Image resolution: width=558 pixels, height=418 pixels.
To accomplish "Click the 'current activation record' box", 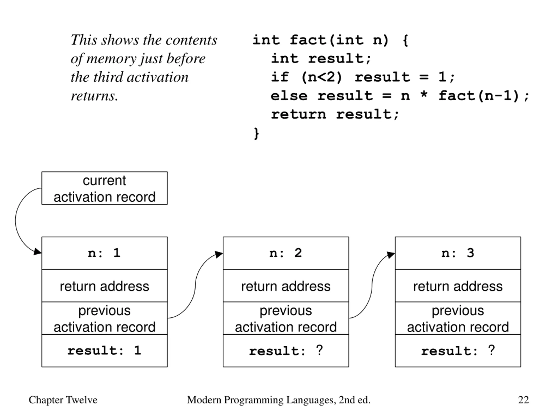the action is [104, 188].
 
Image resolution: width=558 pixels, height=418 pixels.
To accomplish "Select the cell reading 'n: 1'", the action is [104, 253].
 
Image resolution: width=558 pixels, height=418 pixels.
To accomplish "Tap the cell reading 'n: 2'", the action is [286, 253].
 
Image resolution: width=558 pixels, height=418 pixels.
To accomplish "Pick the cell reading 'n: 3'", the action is [458, 253].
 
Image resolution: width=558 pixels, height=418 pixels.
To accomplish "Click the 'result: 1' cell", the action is [104, 351].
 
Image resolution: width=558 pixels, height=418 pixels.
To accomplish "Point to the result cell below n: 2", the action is [286, 351].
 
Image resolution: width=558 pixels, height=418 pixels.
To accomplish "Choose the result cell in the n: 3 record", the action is [458, 351].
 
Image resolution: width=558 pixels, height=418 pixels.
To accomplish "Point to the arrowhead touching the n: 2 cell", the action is [219, 254].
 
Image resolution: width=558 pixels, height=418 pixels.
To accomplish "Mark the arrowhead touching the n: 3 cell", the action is [391, 255].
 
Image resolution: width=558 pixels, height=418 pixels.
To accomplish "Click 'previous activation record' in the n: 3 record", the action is [458, 318].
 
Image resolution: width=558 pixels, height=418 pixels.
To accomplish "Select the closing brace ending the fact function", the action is [256, 133].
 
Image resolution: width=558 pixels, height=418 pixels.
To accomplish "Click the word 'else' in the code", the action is [289, 96].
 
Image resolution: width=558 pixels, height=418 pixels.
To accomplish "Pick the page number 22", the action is [523, 400].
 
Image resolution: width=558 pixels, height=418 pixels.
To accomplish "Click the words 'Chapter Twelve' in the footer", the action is [63, 400].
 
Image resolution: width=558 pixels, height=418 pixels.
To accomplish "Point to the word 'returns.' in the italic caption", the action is [94, 96].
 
